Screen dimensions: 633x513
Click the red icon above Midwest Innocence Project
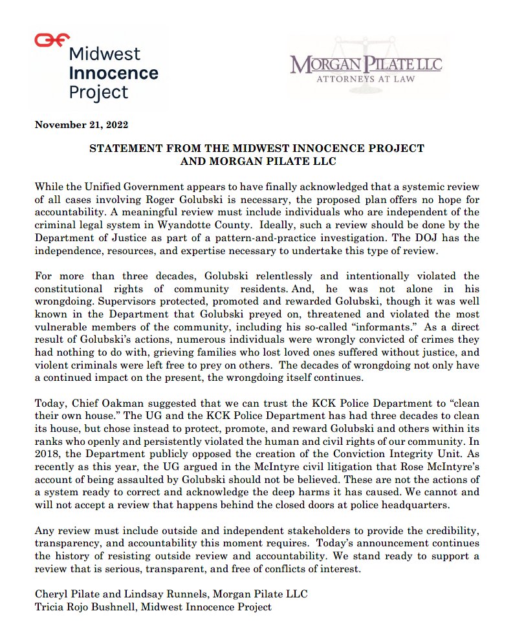click(52, 39)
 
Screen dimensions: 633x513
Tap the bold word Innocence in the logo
click(113, 72)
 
